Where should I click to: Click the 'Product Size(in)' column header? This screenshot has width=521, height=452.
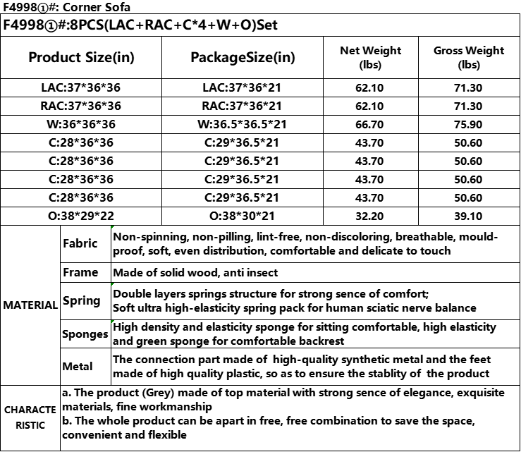(80, 57)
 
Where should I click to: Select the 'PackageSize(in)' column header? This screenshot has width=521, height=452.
(243, 57)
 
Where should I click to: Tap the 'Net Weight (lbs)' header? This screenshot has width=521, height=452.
(370, 57)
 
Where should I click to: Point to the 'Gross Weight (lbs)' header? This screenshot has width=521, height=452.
(469, 57)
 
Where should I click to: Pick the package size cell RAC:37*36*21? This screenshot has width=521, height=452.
(242, 106)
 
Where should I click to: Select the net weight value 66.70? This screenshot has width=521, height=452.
(370, 124)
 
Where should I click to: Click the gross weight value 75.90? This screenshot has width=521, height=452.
(469, 124)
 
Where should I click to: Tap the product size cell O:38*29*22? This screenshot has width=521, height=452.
(80, 216)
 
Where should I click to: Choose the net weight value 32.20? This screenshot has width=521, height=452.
(370, 216)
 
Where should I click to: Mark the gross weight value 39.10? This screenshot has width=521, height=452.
(469, 216)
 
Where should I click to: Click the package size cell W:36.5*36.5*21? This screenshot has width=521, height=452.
(242, 124)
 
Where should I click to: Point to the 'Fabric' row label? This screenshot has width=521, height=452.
(80, 243)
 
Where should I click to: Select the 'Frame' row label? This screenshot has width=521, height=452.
(80, 272)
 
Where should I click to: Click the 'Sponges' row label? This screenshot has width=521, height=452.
(85, 334)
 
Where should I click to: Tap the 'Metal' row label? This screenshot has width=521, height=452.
(78, 367)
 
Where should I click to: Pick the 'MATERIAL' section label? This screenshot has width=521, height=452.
(30, 305)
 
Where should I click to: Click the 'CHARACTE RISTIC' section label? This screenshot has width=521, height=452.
(30, 417)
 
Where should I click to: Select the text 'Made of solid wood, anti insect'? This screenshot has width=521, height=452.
(195, 272)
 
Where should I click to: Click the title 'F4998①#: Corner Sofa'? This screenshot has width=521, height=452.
(57, 7)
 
